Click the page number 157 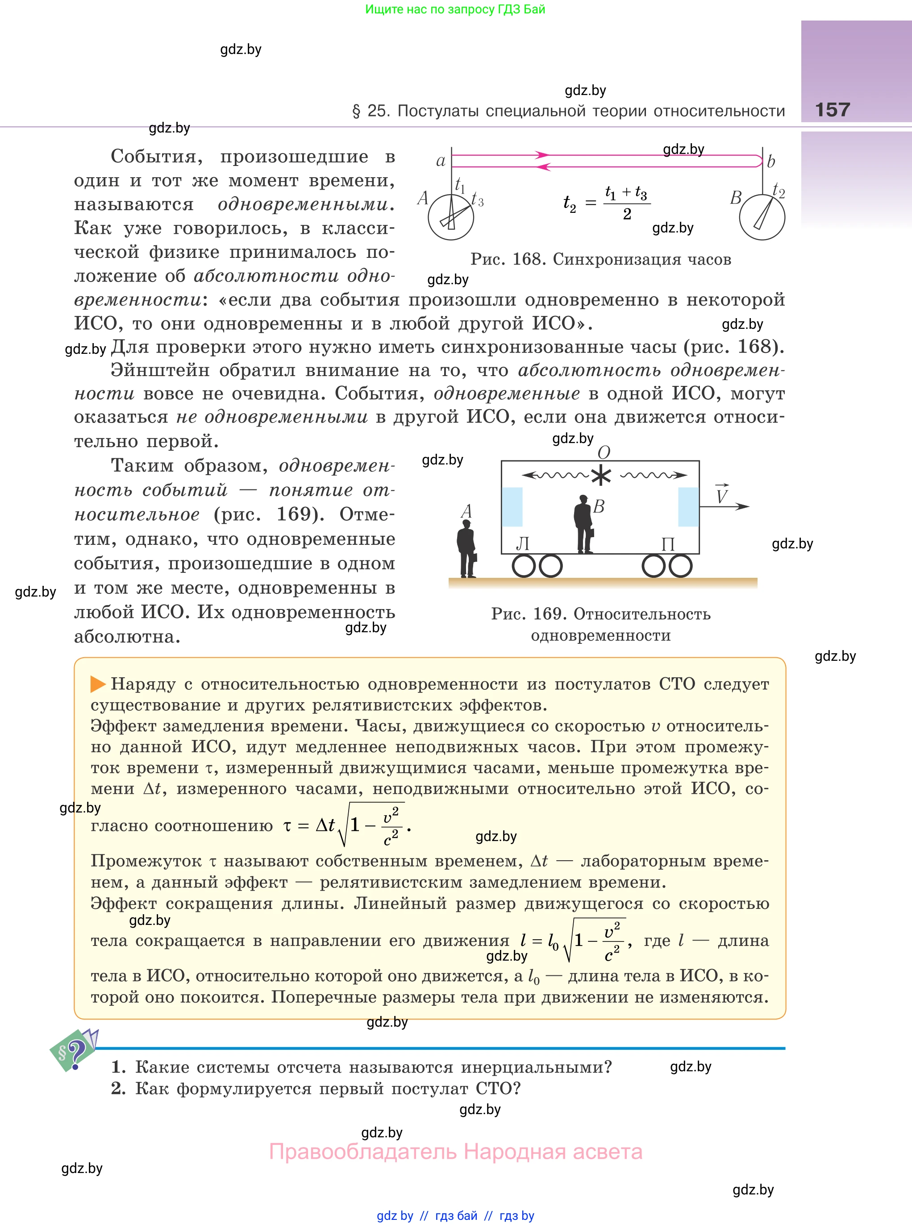(x=832, y=110)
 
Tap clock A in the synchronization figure (x=450, y=217)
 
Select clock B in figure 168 (x=762, y=217)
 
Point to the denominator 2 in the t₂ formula (x=627, y=214)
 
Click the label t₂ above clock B (x=779, y=191)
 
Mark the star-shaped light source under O (x=601, y=476)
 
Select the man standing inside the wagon (x=583, y=524)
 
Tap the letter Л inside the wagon (x=522, y=544)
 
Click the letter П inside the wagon (x=668, y=544)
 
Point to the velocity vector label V (x=721, y=495)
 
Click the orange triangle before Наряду (x=98, y=684)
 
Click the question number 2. (x=117, y=1089)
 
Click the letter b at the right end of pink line (x=771, y=161)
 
